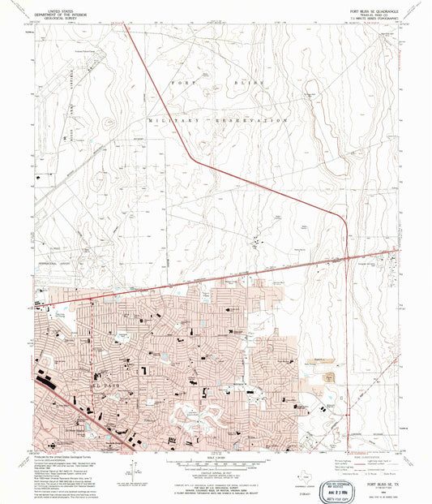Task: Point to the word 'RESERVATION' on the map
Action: click(258, 119)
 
